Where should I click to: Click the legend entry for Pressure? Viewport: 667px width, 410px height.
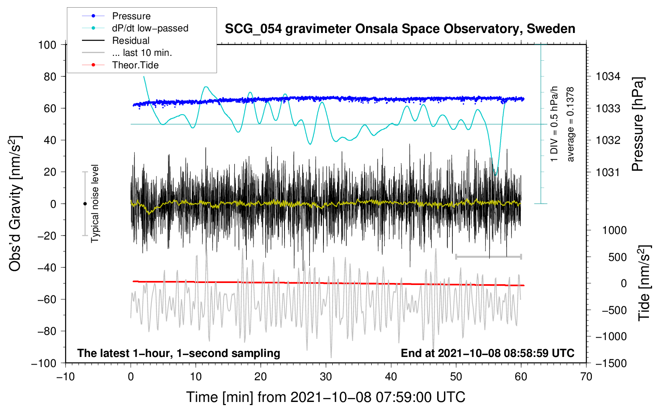click(x=131, y=16)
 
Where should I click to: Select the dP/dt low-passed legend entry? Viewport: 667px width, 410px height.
click(x=150, y=28)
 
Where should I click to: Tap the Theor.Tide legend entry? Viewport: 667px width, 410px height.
click(x=135, y=65)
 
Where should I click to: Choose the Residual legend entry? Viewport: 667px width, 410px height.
click(x=131, y=41)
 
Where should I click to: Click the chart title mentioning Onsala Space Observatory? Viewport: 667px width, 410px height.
click(x=400, y=29)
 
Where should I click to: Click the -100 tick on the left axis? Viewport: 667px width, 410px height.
click(x=44, y=363)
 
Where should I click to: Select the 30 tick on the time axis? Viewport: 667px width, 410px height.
click(x=326, y=377)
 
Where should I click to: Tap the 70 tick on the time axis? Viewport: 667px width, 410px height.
click(x=586, y=377)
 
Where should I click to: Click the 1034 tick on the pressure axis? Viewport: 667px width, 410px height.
click(x=608, y=76)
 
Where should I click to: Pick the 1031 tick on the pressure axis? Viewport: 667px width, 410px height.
click(x=608, y=172)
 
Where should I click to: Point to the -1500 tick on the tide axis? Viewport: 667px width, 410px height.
click(x=611, y=363)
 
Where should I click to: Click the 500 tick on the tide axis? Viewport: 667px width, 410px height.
click(x=617, y=257)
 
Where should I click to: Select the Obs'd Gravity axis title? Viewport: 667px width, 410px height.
click(x=15, y=204)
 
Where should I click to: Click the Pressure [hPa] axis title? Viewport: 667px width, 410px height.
click(x=638, y=124)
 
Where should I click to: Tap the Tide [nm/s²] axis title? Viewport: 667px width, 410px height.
click(x=644, y=283)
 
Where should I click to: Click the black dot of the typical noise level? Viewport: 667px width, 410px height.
click(x=85, y=204)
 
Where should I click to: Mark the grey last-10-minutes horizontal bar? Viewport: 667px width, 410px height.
click(x=488, y=256)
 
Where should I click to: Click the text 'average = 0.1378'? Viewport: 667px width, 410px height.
click(x=571, y=124)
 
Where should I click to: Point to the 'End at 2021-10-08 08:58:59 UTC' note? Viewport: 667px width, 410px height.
click(x=487, y=353)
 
